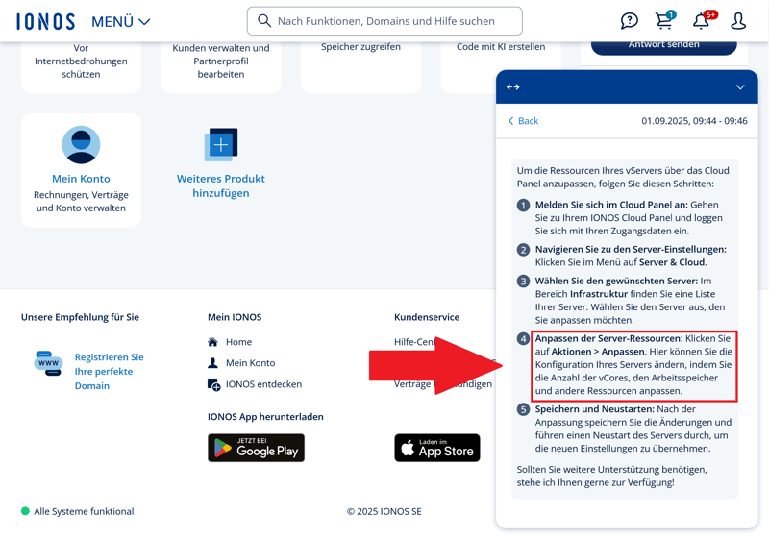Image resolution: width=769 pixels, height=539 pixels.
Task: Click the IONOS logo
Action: (x=45, y=21)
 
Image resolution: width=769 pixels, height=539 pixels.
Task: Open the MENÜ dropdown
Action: (x=121, y=21)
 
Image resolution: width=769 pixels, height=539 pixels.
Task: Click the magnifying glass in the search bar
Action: (x=264, y=20)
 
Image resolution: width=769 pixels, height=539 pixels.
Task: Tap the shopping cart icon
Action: (x=665, y=20)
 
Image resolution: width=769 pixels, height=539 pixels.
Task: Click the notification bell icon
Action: (x=702, y=20)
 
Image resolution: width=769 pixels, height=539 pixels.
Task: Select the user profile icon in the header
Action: (x=738, y=21)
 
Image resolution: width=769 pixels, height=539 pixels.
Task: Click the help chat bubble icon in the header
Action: (x=630, y=20)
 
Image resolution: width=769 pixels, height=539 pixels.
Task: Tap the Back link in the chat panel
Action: (x=523, y=121)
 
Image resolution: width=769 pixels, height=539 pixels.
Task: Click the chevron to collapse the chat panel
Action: (x=740, y=87)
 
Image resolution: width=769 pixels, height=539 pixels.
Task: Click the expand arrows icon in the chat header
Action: (x=513, y=87)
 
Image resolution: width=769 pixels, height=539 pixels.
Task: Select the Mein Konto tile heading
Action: (x=81, y=179)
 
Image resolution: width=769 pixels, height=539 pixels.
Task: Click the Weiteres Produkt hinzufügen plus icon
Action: (x=221, y=144)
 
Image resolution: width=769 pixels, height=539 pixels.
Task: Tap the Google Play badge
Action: (x=256, y=448)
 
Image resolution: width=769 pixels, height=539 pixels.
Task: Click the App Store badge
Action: (x=437, y=448)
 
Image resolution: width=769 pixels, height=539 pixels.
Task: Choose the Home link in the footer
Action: (x=238, y=342)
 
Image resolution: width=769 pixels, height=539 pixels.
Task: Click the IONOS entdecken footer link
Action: (x=263, y=384)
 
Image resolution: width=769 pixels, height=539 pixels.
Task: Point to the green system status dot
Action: (x=26, y=511)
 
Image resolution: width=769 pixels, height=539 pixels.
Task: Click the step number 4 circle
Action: (x=523, y=338)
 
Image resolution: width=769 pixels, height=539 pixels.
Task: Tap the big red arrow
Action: (x=436, y=365)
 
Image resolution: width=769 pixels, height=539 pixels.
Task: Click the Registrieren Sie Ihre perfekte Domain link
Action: (x=109, y=372)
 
